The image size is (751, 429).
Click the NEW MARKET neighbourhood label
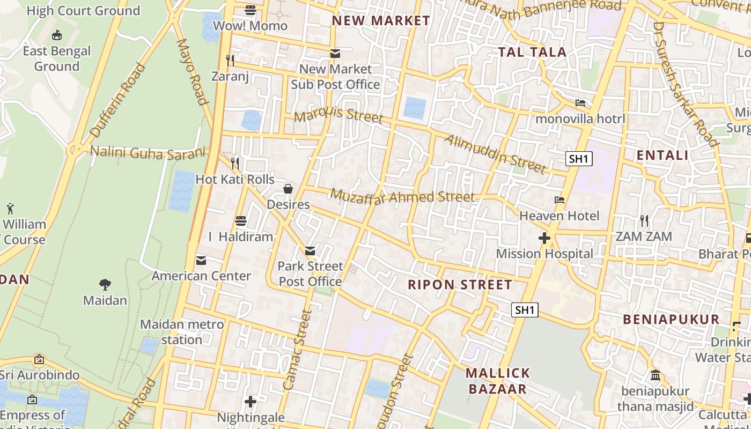(x=381, y=21)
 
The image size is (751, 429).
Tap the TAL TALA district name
(x=532, y=52)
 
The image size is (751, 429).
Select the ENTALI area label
(x=662, y=156)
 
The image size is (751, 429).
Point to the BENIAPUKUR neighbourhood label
(x=671, y=320)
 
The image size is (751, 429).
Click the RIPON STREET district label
(x=460, y=285)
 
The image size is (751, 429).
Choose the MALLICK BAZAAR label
(x=498, y=381)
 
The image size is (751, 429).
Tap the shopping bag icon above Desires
(x=288, y=189)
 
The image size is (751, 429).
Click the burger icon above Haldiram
(x=241, y=221)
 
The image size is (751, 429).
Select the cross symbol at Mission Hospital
(x=544, y=238)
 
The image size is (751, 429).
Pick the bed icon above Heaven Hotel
(x=559, y=200)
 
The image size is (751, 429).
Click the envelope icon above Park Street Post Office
(x=310, y=250)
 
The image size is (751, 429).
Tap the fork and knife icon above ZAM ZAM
(x=644, y=220)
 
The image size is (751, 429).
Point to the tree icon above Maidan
(x=105, y=285)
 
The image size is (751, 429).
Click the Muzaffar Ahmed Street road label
(x=402, y=196)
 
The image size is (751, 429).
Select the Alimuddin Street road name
(x=495, y=154)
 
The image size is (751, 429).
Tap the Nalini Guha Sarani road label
(x=148, y=152)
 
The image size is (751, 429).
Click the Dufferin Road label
(x=117, y=100)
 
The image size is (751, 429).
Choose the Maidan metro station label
(x=181, y=332)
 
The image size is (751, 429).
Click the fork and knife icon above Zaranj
(x=230, y=60)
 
